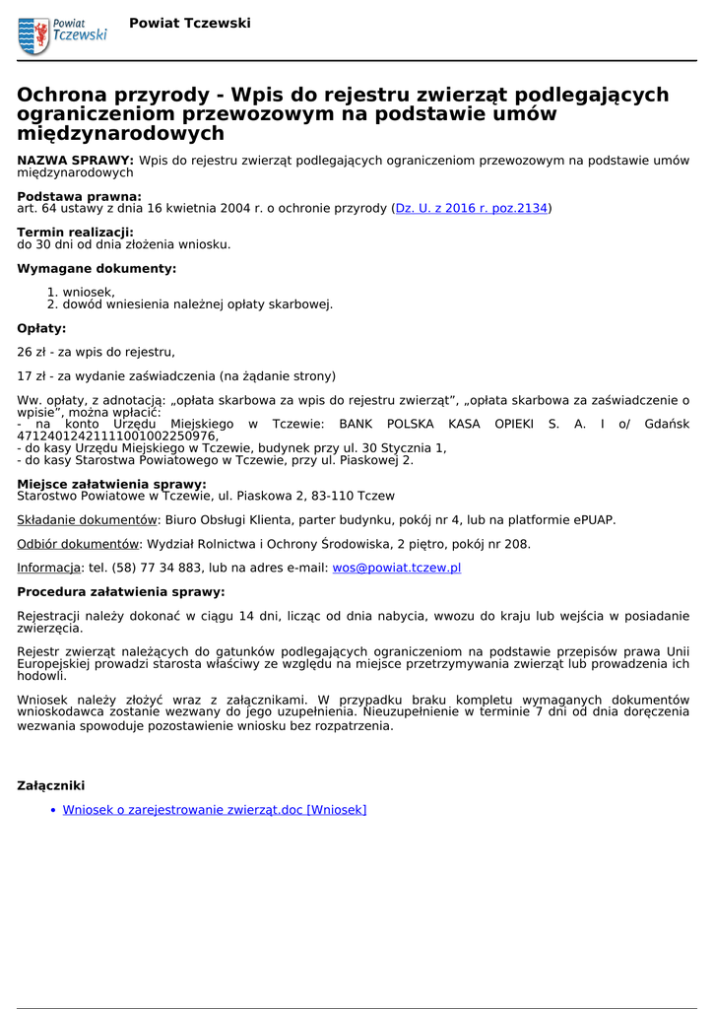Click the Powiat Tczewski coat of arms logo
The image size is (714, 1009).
33,35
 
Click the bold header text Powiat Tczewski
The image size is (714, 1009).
190,23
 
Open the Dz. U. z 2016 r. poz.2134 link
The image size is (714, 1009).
471,208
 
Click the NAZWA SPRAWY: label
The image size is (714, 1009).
75,160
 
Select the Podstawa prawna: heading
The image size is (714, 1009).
79,196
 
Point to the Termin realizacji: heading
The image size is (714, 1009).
75,232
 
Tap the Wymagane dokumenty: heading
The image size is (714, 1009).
97,268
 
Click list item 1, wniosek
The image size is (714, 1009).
88,292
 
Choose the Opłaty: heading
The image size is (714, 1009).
41,328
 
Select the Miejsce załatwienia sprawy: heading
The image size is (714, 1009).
111,484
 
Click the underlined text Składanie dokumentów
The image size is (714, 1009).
87,519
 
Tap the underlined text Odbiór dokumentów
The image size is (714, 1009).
78,543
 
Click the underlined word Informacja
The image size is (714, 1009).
48,568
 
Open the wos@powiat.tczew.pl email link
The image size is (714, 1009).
396,568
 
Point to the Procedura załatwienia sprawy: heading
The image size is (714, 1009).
120,592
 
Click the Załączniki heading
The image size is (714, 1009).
51,785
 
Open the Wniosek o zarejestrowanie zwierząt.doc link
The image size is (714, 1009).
214,810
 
